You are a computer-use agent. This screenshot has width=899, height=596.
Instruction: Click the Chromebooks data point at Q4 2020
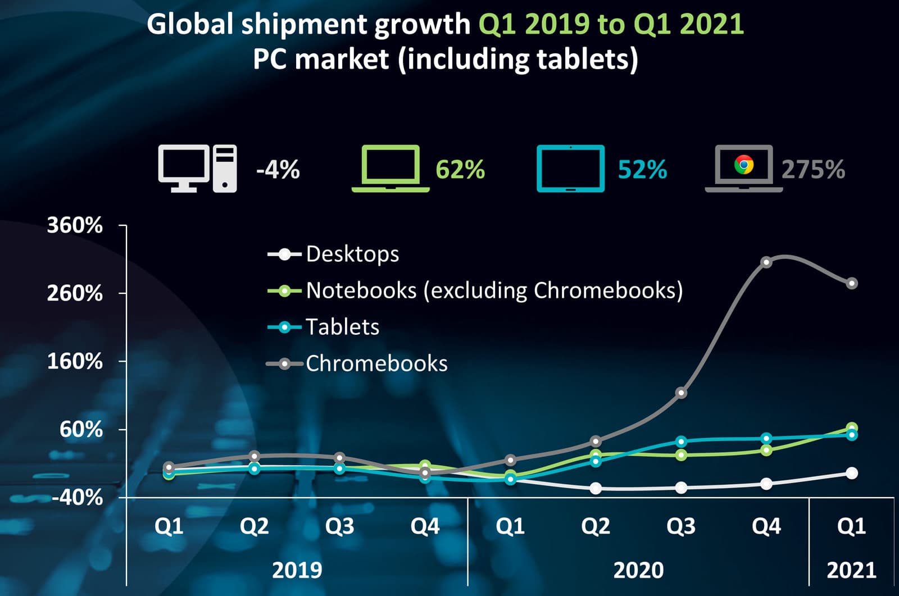click(x=766, y=262)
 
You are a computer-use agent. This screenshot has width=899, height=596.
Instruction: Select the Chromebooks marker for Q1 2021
click(x=852, y=283)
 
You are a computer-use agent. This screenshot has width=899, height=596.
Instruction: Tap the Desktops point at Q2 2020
click(x=596, y=488)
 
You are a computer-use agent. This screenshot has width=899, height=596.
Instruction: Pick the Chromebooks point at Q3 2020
click(x=681, y=393)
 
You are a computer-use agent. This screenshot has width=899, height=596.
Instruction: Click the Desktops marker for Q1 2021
click(x=852, y=473)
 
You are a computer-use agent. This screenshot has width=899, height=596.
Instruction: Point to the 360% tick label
click(x=75, y=225)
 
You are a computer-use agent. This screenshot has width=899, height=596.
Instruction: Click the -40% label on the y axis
click(x=77, y=497)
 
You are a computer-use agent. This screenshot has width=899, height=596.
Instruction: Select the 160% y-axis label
click(x=75, y=361)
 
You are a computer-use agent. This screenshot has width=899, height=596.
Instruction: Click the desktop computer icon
click(x=197, y=169)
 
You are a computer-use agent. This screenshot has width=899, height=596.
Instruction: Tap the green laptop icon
click(x=391, y=169)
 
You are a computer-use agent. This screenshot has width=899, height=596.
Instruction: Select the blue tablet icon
click(x=570, y=169)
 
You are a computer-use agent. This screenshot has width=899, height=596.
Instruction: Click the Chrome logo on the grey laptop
click(x=743, y=165)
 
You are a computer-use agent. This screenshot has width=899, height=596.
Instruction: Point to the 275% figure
click(x=813, y=169)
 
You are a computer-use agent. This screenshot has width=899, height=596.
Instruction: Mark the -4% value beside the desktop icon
click(x=278, y=169)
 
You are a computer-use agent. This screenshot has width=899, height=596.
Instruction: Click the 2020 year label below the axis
click(x=638, y=570)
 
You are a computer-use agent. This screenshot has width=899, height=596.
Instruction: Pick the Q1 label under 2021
click(x=851, y=526)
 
